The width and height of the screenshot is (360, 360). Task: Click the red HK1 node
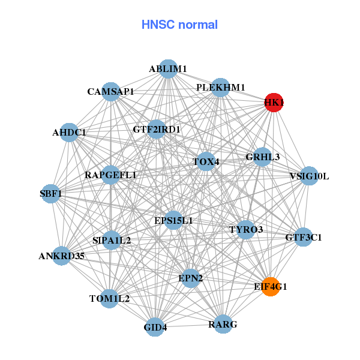(x=274, y=103)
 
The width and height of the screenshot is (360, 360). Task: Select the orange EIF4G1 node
(x=271, y=287)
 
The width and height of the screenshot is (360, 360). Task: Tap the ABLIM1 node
(x=169, y=69)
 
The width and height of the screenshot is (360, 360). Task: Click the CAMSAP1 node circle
(x=110, y=92)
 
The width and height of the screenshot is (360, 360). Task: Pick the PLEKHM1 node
(x=221, y=88)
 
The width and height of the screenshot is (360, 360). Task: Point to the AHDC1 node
(x=68, y=133)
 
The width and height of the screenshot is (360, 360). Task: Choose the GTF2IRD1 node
(x=157, y=129)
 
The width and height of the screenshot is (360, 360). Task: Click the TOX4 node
(x=206, y=161)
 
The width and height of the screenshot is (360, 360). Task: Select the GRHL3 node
(x=263, y=157)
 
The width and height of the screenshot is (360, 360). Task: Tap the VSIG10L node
(x=309, y=176)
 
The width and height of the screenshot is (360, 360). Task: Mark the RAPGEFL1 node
(x=111, y=175)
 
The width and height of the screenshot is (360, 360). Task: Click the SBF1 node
(x=51, y=194)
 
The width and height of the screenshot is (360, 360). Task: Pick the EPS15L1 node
(x=173, y=221)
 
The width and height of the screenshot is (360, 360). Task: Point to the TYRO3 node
(x=246, y=229)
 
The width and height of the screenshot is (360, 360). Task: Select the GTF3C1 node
(x=303, y=237)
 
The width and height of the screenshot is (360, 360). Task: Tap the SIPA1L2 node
(x=112, y=240)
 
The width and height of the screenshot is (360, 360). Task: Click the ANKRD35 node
(x=62, y=256)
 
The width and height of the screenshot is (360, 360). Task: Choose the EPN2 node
(x=191, y=278)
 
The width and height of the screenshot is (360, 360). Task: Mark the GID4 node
(x=155, y=327)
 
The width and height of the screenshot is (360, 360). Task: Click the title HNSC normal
(x=179, y=25)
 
